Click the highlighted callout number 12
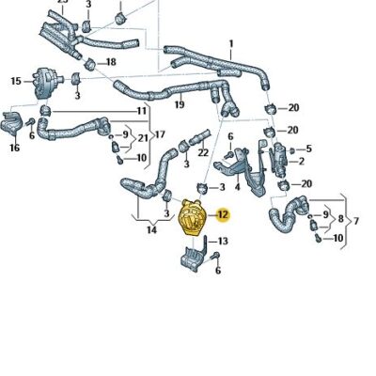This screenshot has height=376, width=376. point(223,215)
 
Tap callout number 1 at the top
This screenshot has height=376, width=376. point(231,43)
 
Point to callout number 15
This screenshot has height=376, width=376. point(15,82)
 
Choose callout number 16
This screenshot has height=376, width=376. point(15,148)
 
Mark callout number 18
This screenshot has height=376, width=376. point(111,62)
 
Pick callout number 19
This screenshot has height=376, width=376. point(180,106)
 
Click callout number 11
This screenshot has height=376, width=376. point(142,111)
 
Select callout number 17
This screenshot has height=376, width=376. point(161,134)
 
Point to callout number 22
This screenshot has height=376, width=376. point(202,152)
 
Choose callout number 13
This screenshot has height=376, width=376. point(223,242)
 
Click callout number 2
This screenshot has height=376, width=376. point(301,162)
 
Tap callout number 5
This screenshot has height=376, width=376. point(308,149)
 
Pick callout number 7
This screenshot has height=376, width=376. point(354,221)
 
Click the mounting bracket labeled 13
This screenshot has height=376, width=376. point(194,258)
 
